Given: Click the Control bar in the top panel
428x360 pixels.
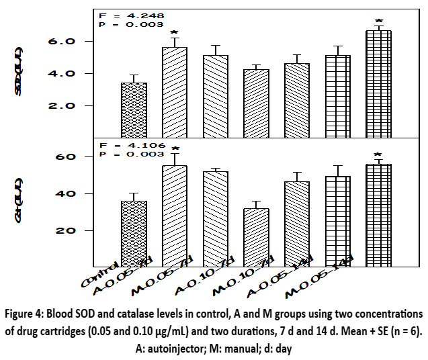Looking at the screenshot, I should tap(134, 109).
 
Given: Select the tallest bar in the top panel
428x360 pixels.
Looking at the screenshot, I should tap(378, 83).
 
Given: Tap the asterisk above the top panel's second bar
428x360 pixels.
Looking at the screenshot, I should tap(174, 32).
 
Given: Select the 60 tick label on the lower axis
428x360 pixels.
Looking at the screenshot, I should tap(79, 156).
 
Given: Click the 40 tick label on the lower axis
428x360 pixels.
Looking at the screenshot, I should tap(79, 193).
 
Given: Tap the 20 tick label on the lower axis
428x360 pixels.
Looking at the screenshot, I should tap(79, 230).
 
